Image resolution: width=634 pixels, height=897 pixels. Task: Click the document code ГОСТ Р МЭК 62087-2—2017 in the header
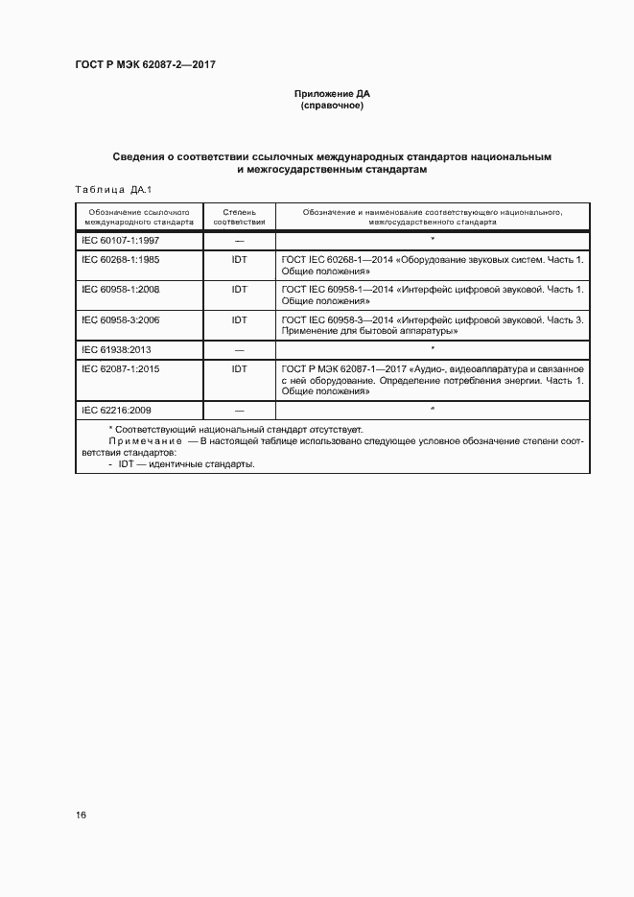(x=145, y=63)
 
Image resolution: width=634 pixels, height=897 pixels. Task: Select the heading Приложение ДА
(x=332, y=94)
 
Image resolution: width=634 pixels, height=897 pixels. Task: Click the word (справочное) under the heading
(x=332, y=106)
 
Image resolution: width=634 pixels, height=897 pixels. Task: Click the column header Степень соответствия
(x=239, y=215)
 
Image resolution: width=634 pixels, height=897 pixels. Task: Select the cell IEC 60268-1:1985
(x=120, y=261)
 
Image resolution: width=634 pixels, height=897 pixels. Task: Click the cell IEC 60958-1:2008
(x=120, y=290)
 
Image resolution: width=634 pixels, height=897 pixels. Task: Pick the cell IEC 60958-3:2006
(x=120, y=319)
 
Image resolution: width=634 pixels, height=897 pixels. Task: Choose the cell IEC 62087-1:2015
(x=120, y=369)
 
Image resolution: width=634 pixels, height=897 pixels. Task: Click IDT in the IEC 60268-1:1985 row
(x=239, y=261)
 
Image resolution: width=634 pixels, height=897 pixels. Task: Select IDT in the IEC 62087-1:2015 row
(x=239, y=369)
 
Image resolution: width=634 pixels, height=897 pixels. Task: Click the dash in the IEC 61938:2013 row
(x=239, y=349)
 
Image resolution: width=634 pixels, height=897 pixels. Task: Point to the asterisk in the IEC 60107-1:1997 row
(x=433, y=240)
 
